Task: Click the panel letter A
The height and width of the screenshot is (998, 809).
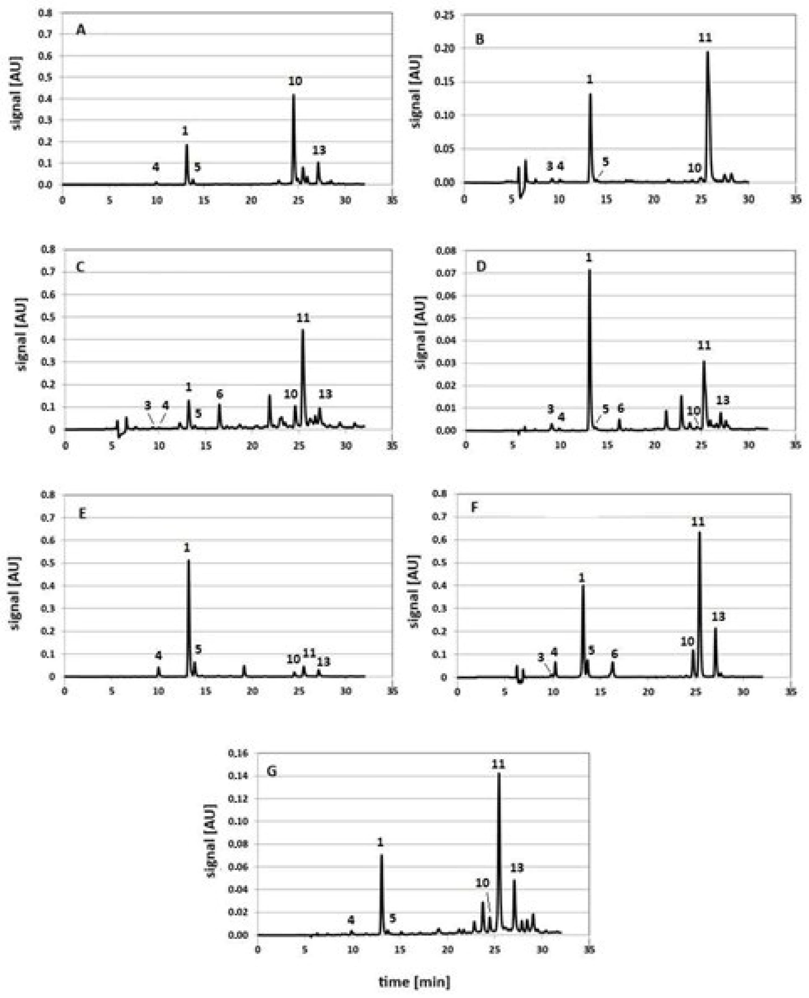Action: [x=81, y=30]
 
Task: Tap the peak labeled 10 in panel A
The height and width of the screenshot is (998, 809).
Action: [x=294, y=96]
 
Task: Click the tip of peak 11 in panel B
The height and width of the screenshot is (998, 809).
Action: [x=707, y=52]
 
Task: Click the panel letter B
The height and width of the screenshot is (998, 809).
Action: [x=480, y=39]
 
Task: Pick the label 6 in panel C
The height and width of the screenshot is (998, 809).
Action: [x=220, y=394]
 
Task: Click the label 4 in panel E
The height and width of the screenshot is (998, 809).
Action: [x=159, y=655]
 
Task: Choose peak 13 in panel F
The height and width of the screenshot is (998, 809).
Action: [x=715, y=629]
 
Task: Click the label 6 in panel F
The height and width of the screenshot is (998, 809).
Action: [x=614, y=654]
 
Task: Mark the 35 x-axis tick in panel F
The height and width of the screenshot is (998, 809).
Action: [x=791, y=692]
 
